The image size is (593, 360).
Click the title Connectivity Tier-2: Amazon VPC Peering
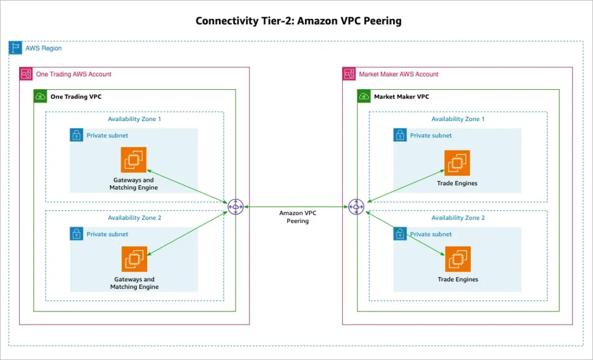298,21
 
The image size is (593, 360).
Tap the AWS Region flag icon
16,48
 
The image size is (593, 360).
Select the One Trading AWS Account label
74,74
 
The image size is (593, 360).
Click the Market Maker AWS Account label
398,74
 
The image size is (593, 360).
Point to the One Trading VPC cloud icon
41,96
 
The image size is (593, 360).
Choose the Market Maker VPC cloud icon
364,96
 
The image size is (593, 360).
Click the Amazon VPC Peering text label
298,217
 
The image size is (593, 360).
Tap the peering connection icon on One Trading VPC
235,206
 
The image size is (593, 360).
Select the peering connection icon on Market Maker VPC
356,206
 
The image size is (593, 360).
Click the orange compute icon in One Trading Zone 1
134,160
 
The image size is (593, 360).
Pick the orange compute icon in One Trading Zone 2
134,259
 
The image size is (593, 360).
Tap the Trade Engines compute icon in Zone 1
457,163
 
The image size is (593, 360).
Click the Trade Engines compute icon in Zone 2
457,259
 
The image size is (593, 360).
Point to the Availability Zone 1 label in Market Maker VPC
458,119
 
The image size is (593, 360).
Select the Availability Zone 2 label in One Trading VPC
134,218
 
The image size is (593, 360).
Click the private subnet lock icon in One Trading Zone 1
76,135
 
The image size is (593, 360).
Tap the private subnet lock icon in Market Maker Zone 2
400,234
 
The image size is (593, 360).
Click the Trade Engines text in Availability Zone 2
457,280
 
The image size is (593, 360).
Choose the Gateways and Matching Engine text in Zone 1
134,184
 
